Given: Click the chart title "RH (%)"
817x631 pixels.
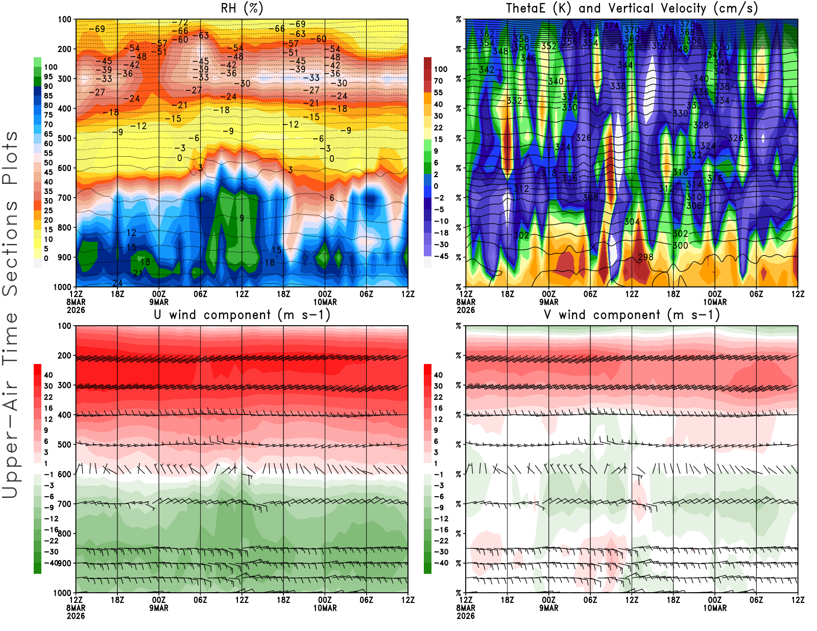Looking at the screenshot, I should (x=242, y=8).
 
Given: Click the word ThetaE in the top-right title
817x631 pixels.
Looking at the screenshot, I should (x=526, y=8).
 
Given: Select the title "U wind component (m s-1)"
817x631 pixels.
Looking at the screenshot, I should (x=242, y=315).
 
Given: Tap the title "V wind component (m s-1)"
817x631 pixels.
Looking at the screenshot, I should (x=632, y=315).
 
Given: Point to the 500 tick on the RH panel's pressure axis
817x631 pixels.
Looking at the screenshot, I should (x=65, y=138).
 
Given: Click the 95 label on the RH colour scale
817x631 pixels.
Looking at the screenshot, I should (x=48, y=77).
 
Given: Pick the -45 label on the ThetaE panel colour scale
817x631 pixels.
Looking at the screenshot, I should (x=441, y=256).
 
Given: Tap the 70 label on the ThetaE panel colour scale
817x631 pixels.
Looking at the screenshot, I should (x=438, y=81).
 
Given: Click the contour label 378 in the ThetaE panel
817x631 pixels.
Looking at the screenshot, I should (x=687, y=24).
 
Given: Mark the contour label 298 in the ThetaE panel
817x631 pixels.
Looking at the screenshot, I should (x=645, y=257).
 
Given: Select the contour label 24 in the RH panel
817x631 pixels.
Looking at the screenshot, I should (x=117, y=283).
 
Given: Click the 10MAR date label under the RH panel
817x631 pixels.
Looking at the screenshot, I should (x=325, y=302).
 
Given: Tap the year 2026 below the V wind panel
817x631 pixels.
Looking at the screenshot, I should (x=466, y=616).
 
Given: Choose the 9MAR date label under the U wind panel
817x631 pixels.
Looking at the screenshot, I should (x=159, y=608).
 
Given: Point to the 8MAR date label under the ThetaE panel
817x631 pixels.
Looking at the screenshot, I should (x=466, y=302).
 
